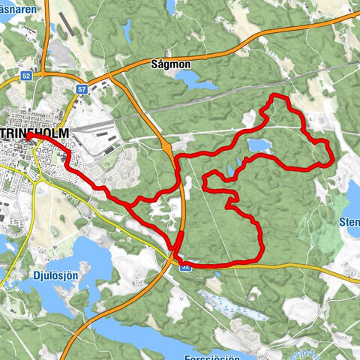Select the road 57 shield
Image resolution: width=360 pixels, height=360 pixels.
(80, 88)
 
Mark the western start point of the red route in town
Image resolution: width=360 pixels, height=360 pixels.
(27, 136)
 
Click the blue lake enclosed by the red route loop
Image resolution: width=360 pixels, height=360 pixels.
(257, 145)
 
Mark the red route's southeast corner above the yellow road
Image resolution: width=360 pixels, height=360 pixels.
(259, 259)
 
